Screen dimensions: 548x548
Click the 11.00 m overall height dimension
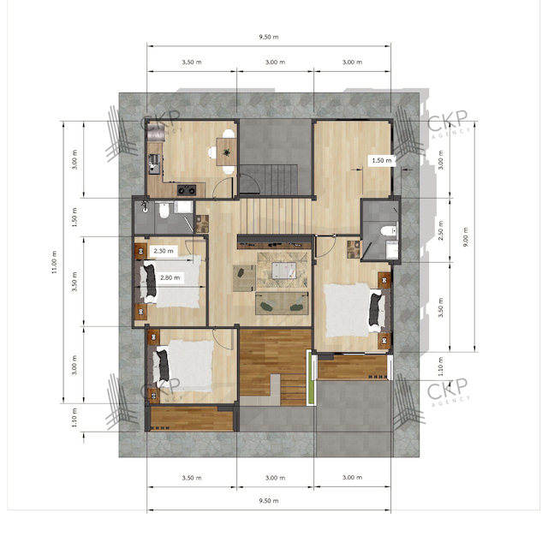54,262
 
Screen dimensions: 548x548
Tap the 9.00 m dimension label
466,237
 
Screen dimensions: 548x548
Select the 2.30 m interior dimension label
164,251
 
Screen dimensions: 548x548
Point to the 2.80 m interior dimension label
170,277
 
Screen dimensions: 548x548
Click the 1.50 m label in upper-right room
382,160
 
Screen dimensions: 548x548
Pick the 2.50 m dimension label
441,230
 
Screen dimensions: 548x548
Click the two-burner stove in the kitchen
187,190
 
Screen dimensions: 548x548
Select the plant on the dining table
226,152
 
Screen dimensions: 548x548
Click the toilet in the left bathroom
164,210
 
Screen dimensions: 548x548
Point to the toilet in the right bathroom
389,230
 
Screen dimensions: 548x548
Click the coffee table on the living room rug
283,271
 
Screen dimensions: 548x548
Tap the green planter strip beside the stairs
310,378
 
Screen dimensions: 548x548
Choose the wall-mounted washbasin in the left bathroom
145,207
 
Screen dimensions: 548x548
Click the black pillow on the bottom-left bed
164,366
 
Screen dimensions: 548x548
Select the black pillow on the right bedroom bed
375,308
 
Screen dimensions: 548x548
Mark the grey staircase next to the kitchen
268,180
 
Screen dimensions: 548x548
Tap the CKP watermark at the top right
447,120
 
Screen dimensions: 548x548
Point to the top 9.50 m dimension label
269,37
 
